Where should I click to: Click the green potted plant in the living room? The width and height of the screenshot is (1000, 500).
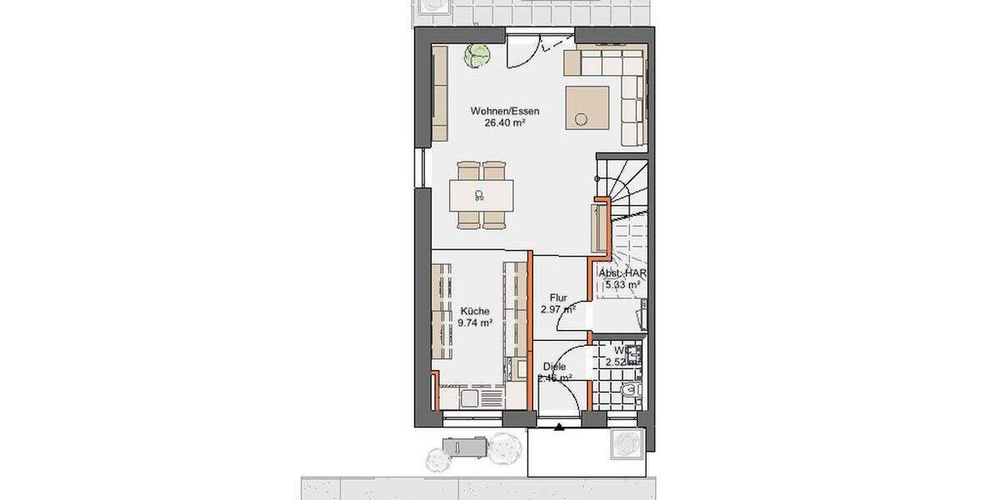coord(477,56)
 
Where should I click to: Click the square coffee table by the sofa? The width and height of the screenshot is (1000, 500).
coord(588,107)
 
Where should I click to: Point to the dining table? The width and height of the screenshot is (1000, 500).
coord(481,197)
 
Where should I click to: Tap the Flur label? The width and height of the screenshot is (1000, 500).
coord(558,297)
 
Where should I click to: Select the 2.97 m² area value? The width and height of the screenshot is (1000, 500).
coord(558,309)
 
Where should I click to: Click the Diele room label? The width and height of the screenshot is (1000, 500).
coord(555,366)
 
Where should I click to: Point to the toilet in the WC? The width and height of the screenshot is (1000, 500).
coord(629,389)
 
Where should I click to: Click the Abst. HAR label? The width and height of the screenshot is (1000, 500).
coord(623,272)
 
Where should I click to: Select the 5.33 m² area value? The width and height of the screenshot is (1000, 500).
coord(623,284)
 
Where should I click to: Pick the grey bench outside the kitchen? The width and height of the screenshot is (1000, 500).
coord(462,447)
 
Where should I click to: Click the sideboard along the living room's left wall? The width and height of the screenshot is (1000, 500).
coord(441,93)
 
